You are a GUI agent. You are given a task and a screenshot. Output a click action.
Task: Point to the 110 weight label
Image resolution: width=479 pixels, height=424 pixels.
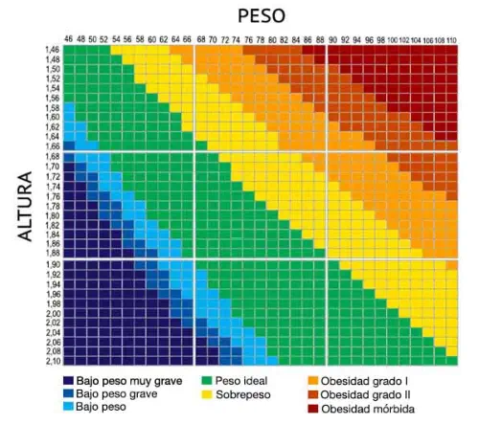pos(451,37)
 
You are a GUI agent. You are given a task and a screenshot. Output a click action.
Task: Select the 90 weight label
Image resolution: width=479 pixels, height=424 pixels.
pos(333,37)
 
